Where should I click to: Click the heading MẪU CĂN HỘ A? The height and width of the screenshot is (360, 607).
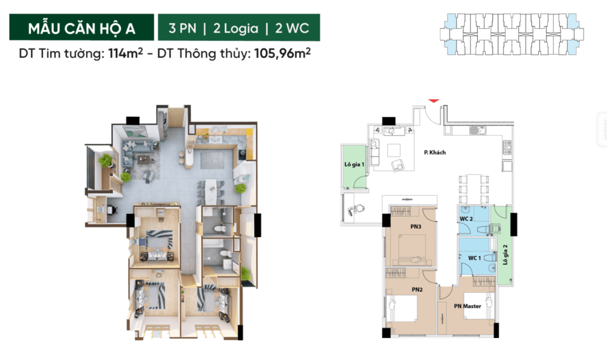[82, 28]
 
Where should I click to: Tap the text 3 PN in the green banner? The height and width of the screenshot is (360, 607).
[183, 28]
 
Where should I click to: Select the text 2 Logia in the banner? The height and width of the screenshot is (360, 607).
[235, 28]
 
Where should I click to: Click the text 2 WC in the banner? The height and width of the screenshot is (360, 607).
[292, 28]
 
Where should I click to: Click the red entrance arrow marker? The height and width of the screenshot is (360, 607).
[434, 101]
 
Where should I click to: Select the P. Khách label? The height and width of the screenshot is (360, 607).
[435, 152]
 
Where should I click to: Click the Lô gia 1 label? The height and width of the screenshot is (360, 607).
[355, 164]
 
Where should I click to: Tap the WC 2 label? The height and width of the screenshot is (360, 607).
[466, 219]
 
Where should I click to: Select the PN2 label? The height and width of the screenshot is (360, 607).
[417, 289]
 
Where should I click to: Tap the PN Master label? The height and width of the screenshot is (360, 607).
[468, 306]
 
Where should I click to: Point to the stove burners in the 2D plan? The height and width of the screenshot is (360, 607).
[507, 148]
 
